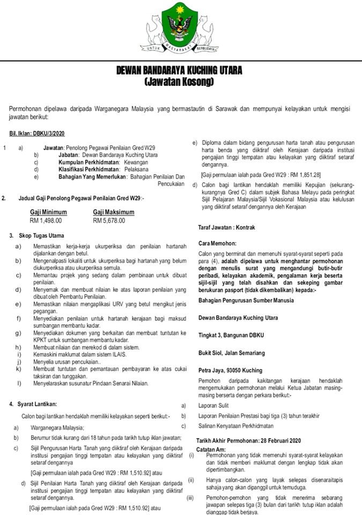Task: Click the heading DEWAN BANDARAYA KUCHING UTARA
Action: [179, 71]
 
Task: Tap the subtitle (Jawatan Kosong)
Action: [179, 82]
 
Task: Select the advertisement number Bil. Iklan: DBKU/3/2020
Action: [37, 134]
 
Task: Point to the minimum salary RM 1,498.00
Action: [46, 220]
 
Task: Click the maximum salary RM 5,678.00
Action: [109, 220]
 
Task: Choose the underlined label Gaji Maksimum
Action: [114, 212]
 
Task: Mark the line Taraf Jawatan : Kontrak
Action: [227, 227]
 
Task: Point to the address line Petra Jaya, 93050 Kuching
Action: [230, 370]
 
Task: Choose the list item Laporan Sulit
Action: [213, 406]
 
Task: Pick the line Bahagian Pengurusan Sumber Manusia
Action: [246, 300]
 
